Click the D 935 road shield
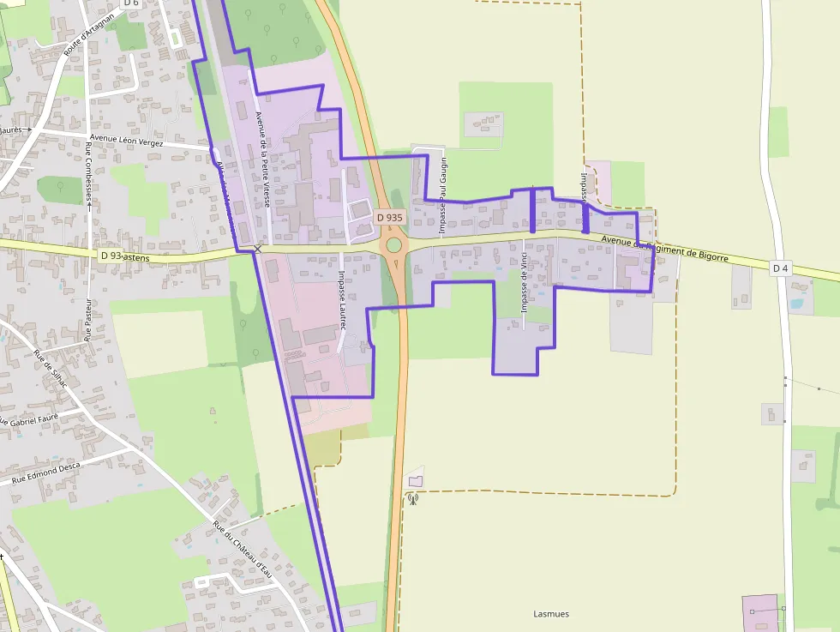coord(389,218)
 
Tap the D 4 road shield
coord(780,268)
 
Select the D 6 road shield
coord(130,3)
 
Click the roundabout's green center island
coord(393,246)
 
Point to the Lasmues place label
coord(551,614)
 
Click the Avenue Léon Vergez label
coord(127,141)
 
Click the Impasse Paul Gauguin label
coord(443,196)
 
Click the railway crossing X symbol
coord(257,249)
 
